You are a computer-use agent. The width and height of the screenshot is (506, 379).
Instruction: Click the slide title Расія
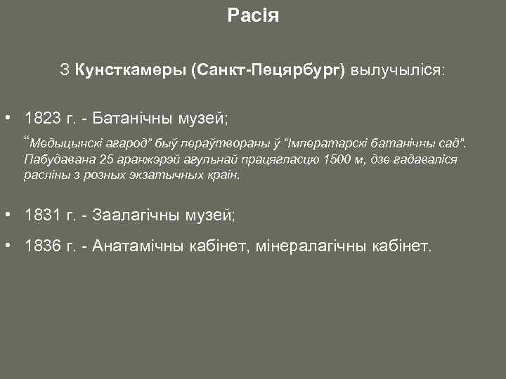click(x=253, y=15)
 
